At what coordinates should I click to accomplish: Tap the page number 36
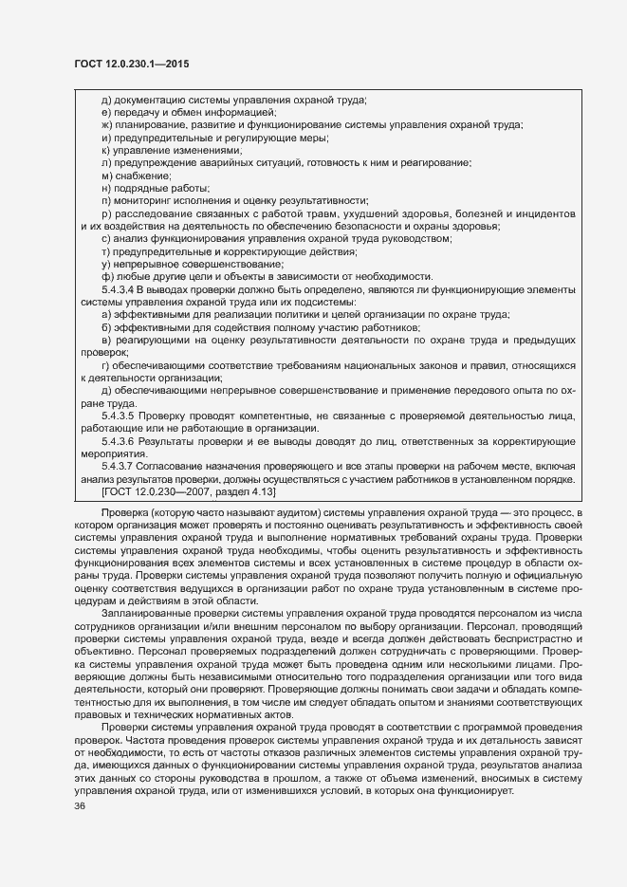[67, 805]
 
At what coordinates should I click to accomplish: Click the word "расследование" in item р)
[148, 213]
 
